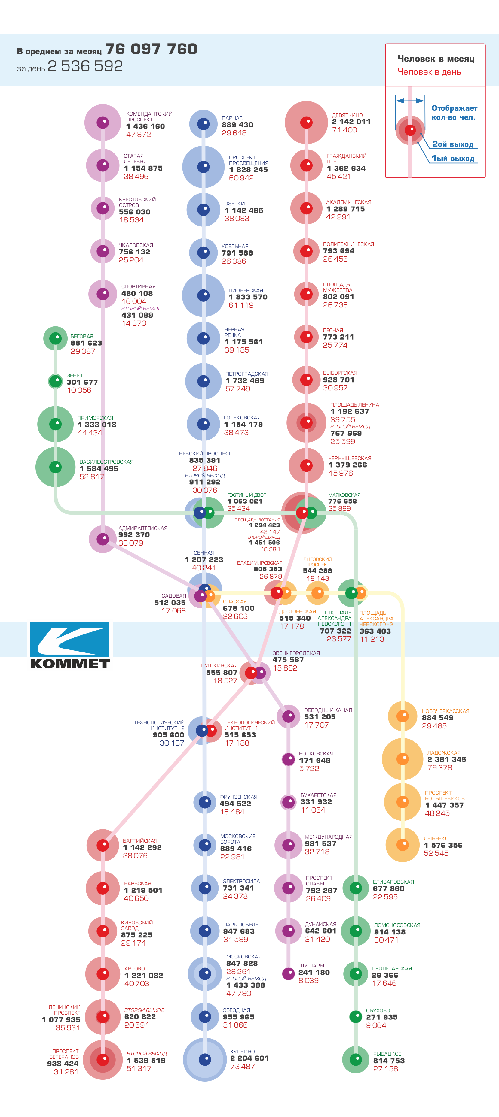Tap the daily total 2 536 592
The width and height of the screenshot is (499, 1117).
[85, 66]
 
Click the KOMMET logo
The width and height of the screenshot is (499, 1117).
[70, 646]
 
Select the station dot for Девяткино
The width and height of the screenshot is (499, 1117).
[306, 122]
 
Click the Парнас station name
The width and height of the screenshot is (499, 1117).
[232, 118]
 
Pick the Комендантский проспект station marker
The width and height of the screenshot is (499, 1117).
[103, 122]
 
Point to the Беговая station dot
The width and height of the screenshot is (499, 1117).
[56, 338]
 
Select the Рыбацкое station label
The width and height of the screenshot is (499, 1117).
[387, 1054]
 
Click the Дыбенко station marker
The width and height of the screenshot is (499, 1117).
[403, 845]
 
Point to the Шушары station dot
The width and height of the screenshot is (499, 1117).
[289, 973]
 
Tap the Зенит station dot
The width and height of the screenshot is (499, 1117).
[56, 381]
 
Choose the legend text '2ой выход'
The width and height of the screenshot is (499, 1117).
[453, 144]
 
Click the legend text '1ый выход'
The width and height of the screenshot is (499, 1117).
[453, 159]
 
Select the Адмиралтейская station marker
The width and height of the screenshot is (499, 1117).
[103, 539]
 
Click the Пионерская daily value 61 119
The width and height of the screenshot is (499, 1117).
[241, 305]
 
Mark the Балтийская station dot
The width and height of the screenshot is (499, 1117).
[103, 845]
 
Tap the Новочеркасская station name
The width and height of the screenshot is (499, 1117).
[445, 711]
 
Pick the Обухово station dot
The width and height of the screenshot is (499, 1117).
[356, 1016]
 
